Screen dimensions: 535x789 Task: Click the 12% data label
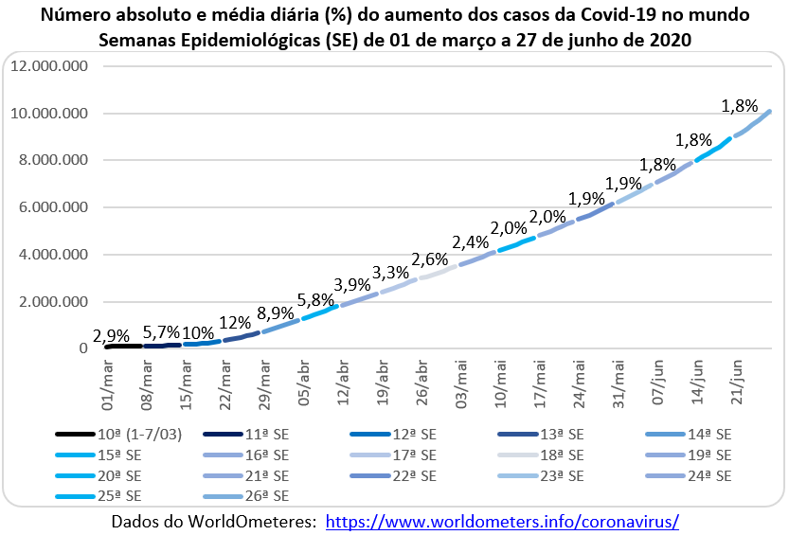236,321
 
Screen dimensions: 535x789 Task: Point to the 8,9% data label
277,312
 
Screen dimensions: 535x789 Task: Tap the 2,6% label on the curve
431,259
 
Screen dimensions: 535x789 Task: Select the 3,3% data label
391,273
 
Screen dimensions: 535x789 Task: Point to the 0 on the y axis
83,348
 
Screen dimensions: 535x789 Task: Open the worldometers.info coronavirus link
502,522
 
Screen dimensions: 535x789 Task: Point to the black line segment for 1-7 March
123,347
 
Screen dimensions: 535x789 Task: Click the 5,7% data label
161,331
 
